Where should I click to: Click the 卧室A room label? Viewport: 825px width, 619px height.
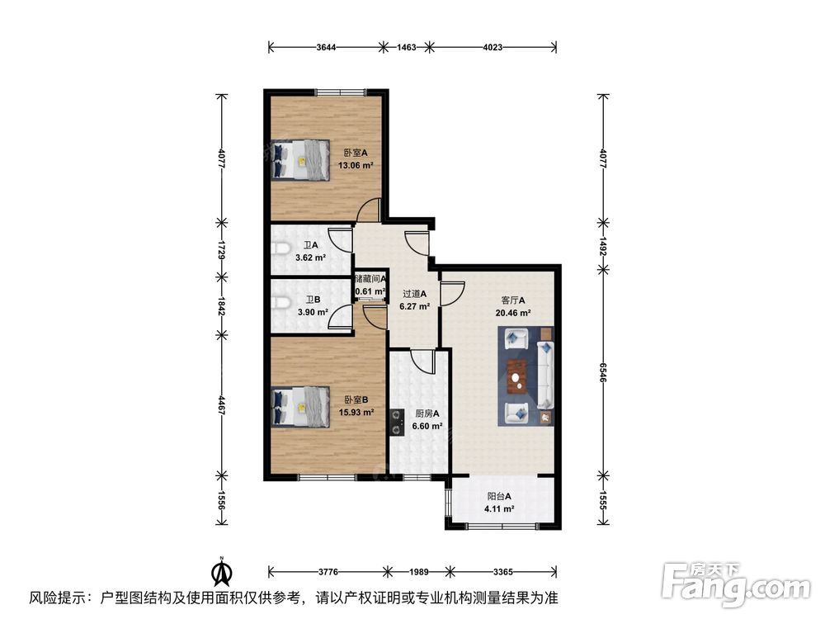click(355, 152)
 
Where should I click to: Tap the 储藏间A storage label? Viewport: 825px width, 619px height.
click(370, 279)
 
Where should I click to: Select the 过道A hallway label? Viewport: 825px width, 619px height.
click(414, 293)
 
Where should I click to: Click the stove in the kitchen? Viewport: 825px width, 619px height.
click(397, 426)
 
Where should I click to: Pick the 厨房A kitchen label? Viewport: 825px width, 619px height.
click(427, 414)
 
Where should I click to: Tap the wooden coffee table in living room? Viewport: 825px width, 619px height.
click(517, 377)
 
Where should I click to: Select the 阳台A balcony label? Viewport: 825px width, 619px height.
click(499, 497)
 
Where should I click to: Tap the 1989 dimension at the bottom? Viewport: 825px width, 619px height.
click(417, 570)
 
